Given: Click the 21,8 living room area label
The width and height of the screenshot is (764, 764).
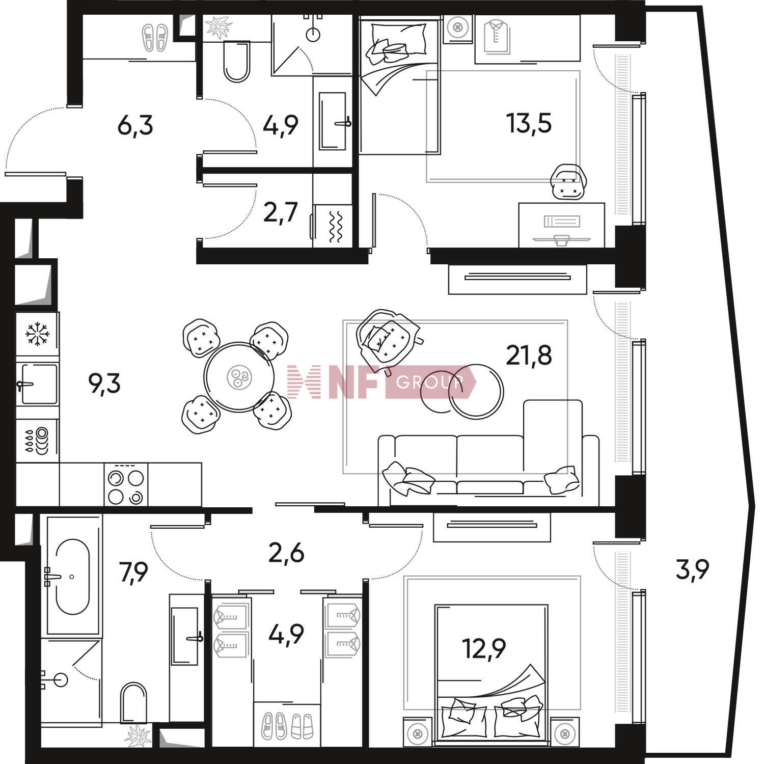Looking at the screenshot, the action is (x=529, y=356).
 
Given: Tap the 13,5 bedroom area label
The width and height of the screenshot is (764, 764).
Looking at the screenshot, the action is (x=529, y=123).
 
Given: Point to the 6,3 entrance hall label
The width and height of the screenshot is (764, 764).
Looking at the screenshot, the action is (x=135, y=125).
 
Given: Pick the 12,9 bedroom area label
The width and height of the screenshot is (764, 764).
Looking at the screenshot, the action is (x=484, y=648).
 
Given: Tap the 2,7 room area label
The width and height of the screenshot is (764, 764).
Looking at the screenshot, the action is (x=281, y=212).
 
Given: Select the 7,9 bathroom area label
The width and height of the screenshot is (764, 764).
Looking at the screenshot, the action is (x=133, y=573).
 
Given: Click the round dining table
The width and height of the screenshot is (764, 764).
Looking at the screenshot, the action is (x=239, y=377).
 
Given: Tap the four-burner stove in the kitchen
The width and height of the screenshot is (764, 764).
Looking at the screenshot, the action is (x=126, y=485).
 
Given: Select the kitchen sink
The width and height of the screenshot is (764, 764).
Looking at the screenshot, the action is (x=38, y=385).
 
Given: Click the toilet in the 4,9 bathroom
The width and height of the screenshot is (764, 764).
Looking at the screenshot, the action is (x=237, y=62).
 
